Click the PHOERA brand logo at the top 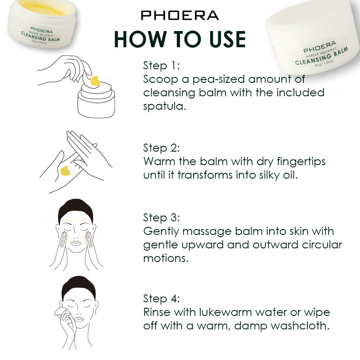point(180,15)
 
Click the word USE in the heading point(227,39)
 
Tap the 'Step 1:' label point(162,66)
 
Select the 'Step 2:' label point(162,148)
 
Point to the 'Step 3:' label point(162,218)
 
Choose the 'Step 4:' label point(162,299)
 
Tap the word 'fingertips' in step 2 point(301,162)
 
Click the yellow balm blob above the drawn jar point(95,81)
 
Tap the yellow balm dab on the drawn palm point(65,171)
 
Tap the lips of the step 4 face point(79,319)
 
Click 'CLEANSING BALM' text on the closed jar point(321,56)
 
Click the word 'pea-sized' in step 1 point(218,80)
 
